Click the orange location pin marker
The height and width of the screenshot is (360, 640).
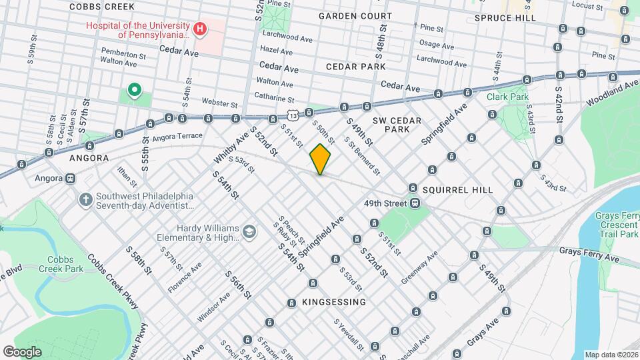321,159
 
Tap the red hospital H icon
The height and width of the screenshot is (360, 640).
199,29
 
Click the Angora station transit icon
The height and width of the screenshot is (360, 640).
69,179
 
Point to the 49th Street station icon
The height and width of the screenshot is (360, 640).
415,203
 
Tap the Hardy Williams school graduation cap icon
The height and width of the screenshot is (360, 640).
249,231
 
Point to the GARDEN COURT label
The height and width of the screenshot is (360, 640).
355,15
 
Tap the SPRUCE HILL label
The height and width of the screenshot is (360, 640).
505,18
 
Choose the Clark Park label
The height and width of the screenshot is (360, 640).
507,97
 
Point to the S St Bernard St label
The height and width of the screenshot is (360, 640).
362,157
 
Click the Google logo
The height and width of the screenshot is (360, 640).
22,351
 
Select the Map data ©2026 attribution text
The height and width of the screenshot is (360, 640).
611,355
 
